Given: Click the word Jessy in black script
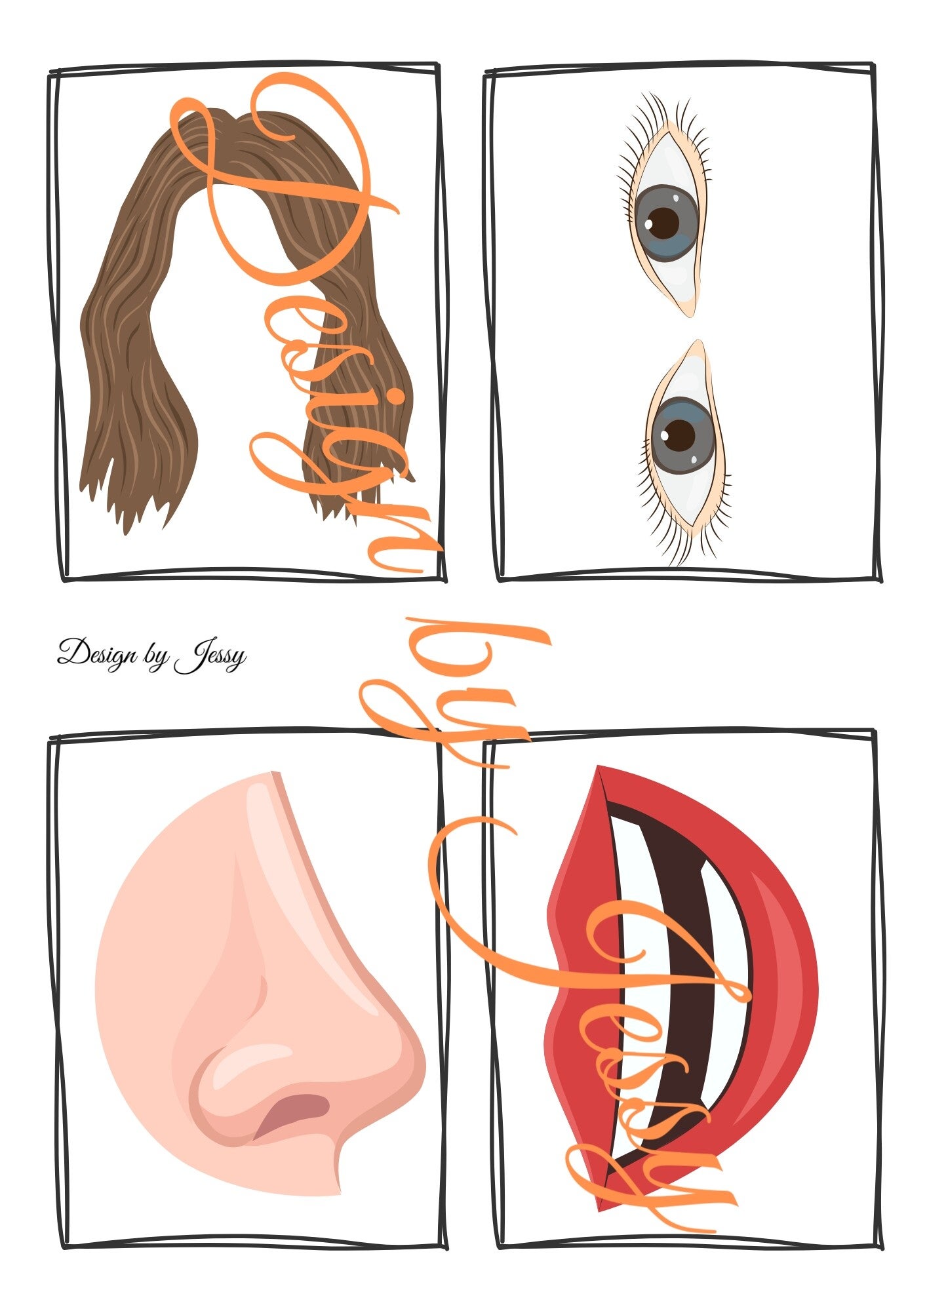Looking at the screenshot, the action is click(210, 656).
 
